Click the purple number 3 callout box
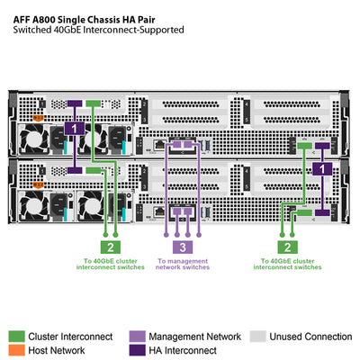tap(182, 247)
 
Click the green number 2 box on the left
tap(109, 247)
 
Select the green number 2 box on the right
tap(286, 247)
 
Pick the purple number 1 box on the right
tap(322, 168)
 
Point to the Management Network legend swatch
tap(137, 337)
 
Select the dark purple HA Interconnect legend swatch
tap(137, 350)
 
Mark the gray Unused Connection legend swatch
tap(255, 337)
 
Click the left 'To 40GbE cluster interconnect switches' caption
tap(109, 264)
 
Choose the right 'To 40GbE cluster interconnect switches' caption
tap(286, 264)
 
